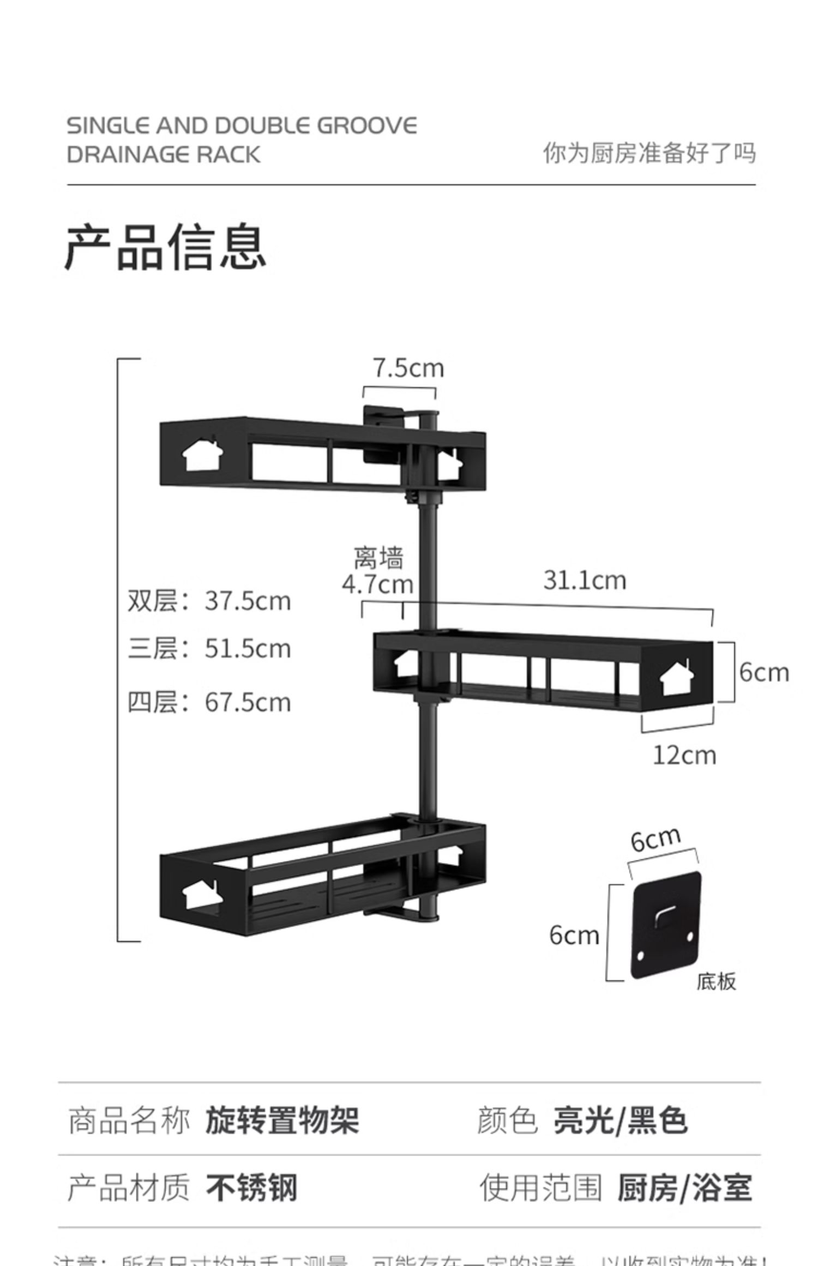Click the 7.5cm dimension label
pos(408,368)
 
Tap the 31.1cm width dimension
pos(584,580)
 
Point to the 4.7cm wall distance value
pos(377,584)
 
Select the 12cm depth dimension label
pos(684,756)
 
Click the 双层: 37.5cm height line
pos(209,601)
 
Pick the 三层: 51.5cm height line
pos(209,649)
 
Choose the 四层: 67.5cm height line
pos(209,702)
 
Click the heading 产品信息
pos(165,248)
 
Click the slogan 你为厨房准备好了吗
pos(649,153)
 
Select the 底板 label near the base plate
pos(716,981)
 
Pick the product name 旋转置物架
pos(282,1121)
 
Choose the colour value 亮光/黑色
pos(620,1121)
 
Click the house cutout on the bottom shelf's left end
pos(201,895)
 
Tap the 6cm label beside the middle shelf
pos(764,672)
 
